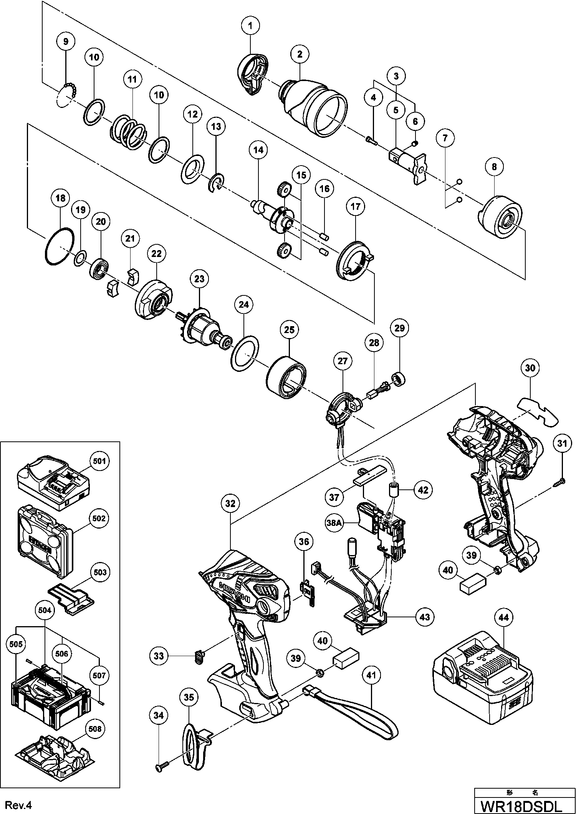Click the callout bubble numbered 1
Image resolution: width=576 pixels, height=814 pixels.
tap(250, 26)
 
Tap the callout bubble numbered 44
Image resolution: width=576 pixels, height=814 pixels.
tap(503, 617)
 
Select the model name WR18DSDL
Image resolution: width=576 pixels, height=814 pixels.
tap(525, 805)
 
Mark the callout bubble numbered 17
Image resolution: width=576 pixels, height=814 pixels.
tap(356, 207)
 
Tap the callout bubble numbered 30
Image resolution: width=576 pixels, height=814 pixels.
tap(530, 368)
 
